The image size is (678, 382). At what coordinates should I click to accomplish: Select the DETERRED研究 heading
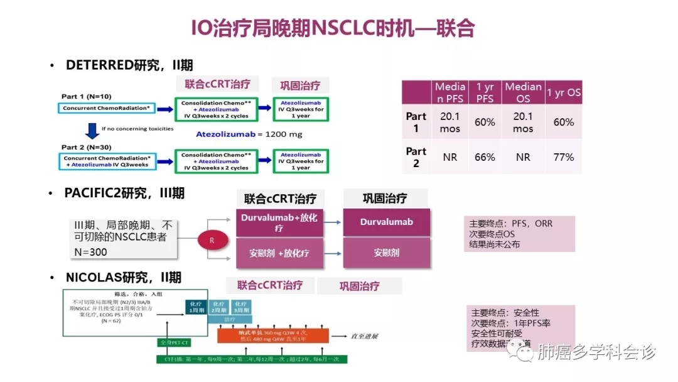(x=129, y=65)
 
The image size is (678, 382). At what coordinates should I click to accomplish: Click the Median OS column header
(x=523, y=92)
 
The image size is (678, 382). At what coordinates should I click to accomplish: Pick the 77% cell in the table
(x=563, y=157)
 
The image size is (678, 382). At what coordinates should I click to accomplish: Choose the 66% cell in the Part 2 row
(x=485, y=157)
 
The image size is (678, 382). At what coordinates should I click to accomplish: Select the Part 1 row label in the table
(x=416, y=123)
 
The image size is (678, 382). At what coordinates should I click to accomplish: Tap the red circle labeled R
(x=212, y=239)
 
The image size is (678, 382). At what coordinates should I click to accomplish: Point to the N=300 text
(x=90, y=252)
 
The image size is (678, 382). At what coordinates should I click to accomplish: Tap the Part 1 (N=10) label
(x=88, y=96)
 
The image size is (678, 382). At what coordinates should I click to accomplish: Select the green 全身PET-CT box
(x=176, y=342)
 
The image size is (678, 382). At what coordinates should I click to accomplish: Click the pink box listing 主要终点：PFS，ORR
(x=520, y=234)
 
